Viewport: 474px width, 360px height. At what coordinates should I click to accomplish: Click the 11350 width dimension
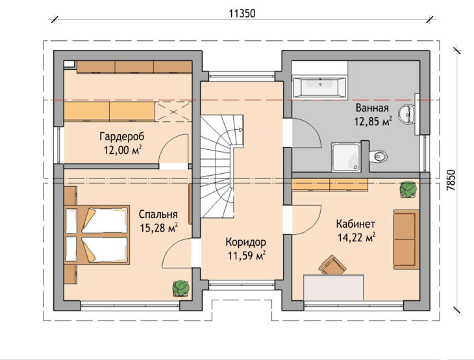[x=242, y=14]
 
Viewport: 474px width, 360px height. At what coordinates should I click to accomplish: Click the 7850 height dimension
[x=451, y=180]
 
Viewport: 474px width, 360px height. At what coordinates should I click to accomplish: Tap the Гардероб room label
[x=122, y=136]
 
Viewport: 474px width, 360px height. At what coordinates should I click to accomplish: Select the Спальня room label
[x=158, y=214]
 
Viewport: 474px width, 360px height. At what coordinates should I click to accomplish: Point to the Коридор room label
[x=246, y=242]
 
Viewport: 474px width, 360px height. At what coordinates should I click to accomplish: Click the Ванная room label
[x=372, y=108]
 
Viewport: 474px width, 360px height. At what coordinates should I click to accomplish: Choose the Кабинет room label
[x=356, y=224]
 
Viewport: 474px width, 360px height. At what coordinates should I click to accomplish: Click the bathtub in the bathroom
[x=319, y=88]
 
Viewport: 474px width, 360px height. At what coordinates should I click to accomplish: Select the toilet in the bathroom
[x=379, y=156]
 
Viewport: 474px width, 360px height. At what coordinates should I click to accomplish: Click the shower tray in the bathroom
[x=346, y=157]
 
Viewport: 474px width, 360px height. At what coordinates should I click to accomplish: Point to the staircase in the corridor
[x=222, y=166]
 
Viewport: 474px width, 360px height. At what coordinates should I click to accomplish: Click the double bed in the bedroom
[x=97, y=235]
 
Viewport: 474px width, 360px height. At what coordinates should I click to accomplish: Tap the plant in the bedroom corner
[x=181, y=288]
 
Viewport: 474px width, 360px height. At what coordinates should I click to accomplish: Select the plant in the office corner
[x=408, y=189]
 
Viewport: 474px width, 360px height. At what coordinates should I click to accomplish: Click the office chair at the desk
[x=332, y=265]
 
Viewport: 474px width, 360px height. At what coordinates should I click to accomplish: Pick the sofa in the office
[x=406, y=239]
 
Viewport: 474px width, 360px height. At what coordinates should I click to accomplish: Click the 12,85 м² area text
[x=373, y=121]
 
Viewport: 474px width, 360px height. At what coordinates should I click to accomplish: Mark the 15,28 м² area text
[x=158, y=228]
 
